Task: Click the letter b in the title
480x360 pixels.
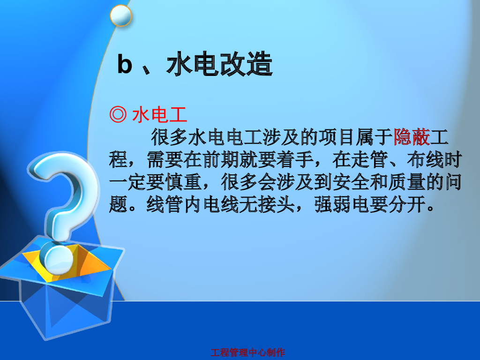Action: click(x=125, y=65)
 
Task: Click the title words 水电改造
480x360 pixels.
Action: click(x=219, y=65)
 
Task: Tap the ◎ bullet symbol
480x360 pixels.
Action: click(x=117, y=115)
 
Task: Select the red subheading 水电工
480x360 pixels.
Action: click(x=160, y=115)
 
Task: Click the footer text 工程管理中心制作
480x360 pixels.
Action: click(x=247, y=352)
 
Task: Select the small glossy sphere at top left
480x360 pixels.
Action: click(x=120, y=15)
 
